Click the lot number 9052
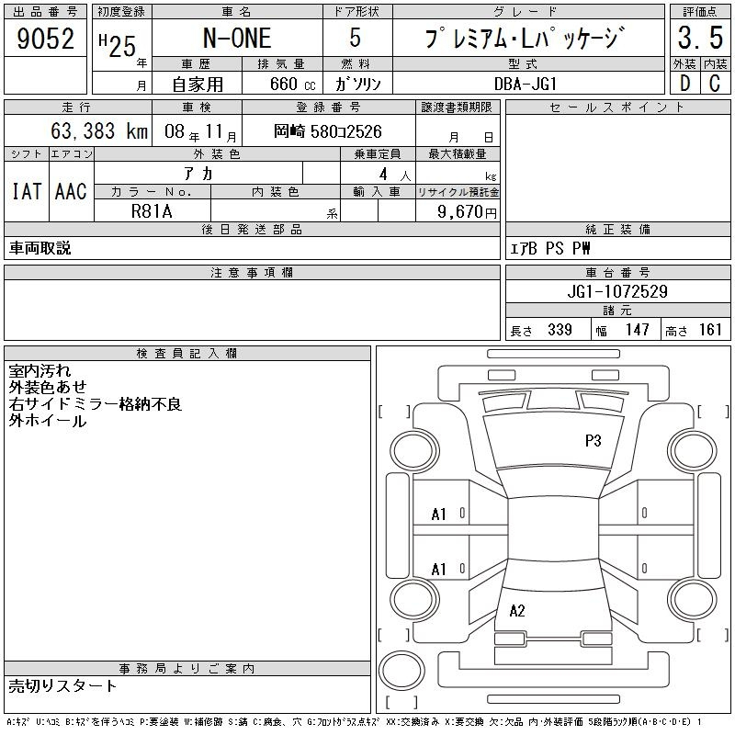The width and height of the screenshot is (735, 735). (x=45, y=39)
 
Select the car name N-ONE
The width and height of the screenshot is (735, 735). (x=237, y=39)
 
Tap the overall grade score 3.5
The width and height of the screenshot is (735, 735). (x=700, y=38)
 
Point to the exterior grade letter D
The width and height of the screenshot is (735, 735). (x=684, y=84)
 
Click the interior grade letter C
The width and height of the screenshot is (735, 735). (x=715, y=84)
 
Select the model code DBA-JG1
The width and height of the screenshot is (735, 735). (x=526, y=84)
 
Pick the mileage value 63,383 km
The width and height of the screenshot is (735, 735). (x=99, y=130)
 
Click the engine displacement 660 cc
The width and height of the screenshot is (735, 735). (x=293, y=84)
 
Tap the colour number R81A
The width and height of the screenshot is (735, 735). (x=152, y=211)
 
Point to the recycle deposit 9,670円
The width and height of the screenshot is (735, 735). (x=467, y=212)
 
